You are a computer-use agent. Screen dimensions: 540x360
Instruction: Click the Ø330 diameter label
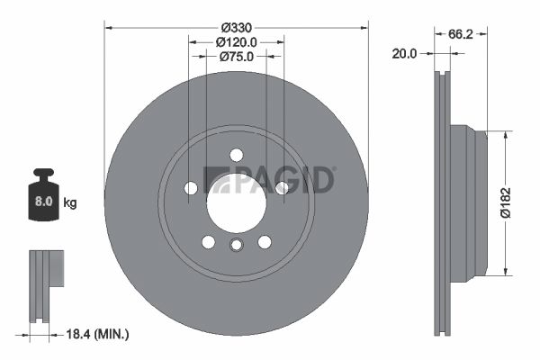point(237,27)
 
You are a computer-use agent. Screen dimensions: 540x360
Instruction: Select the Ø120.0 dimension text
point(236,42)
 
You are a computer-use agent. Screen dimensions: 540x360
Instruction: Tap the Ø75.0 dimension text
point(236,57)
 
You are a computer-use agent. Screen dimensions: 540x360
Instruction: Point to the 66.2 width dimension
point(461,34)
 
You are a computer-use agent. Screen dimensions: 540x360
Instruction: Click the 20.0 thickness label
point(404,54)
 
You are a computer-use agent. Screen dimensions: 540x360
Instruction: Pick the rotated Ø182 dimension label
point(506,202)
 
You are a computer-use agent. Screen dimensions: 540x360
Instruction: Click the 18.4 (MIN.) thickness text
point(97,334)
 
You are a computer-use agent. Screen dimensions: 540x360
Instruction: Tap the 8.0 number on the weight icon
point(44,202)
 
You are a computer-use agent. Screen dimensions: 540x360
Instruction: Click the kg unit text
point(70,202)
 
